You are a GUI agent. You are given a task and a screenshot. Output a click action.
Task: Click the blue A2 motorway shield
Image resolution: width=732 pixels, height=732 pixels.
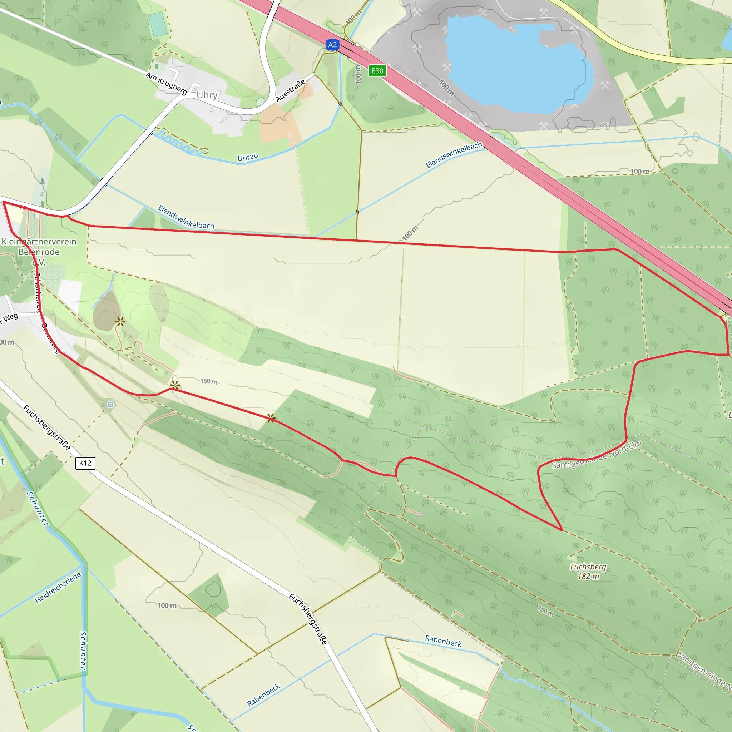(x=332, y=45)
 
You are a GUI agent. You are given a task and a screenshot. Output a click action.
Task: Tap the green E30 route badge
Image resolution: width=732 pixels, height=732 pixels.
(x=377, y=71)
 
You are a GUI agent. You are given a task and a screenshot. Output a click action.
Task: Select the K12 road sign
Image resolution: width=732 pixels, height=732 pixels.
(x=85, y=463)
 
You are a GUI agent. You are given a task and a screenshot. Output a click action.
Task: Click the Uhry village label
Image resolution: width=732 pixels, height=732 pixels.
(x=207, y=95)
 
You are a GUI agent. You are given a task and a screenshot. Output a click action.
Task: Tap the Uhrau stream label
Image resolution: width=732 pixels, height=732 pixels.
(x=248, y=157)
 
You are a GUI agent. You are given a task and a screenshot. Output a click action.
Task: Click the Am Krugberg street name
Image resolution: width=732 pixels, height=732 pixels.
(x=166, y=83)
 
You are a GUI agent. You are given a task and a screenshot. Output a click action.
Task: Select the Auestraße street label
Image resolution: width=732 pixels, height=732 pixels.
(x=290, y=91)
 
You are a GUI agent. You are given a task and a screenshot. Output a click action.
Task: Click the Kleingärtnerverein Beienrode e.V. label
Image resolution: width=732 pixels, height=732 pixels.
(x=39, y=252)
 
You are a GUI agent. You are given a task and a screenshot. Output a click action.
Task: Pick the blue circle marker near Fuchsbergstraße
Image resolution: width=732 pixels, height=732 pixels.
(x=110, y=405)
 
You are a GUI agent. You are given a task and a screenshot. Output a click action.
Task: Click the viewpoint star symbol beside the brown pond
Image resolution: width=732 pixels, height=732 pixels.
(x=120, y=322)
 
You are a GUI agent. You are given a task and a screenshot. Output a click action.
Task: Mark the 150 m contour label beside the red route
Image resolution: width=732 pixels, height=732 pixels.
(x=209, y=381)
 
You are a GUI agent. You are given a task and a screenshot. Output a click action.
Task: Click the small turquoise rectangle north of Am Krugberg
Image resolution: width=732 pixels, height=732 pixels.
(x=158, y=25)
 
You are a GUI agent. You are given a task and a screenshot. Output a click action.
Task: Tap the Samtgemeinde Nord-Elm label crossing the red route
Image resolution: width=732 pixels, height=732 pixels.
(x=597, y=454)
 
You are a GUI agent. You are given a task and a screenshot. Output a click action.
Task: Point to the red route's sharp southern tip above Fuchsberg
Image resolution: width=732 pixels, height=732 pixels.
(x=562, y=530)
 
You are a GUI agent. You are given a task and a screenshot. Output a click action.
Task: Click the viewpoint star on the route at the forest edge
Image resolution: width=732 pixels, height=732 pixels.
(x=271, y=418)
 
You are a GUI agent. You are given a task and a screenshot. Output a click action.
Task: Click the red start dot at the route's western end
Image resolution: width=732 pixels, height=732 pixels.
(x=21, y=207)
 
